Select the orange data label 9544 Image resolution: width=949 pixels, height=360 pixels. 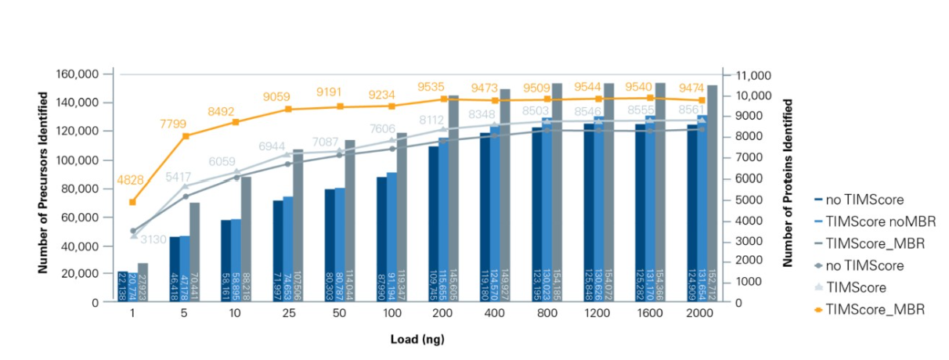(599, 83)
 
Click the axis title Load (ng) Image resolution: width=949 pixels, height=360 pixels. (417, 340)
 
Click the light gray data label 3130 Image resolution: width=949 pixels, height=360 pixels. (153, 239)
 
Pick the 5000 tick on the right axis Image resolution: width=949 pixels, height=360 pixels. (747, 199)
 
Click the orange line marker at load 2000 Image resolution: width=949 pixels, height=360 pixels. (702, 100)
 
